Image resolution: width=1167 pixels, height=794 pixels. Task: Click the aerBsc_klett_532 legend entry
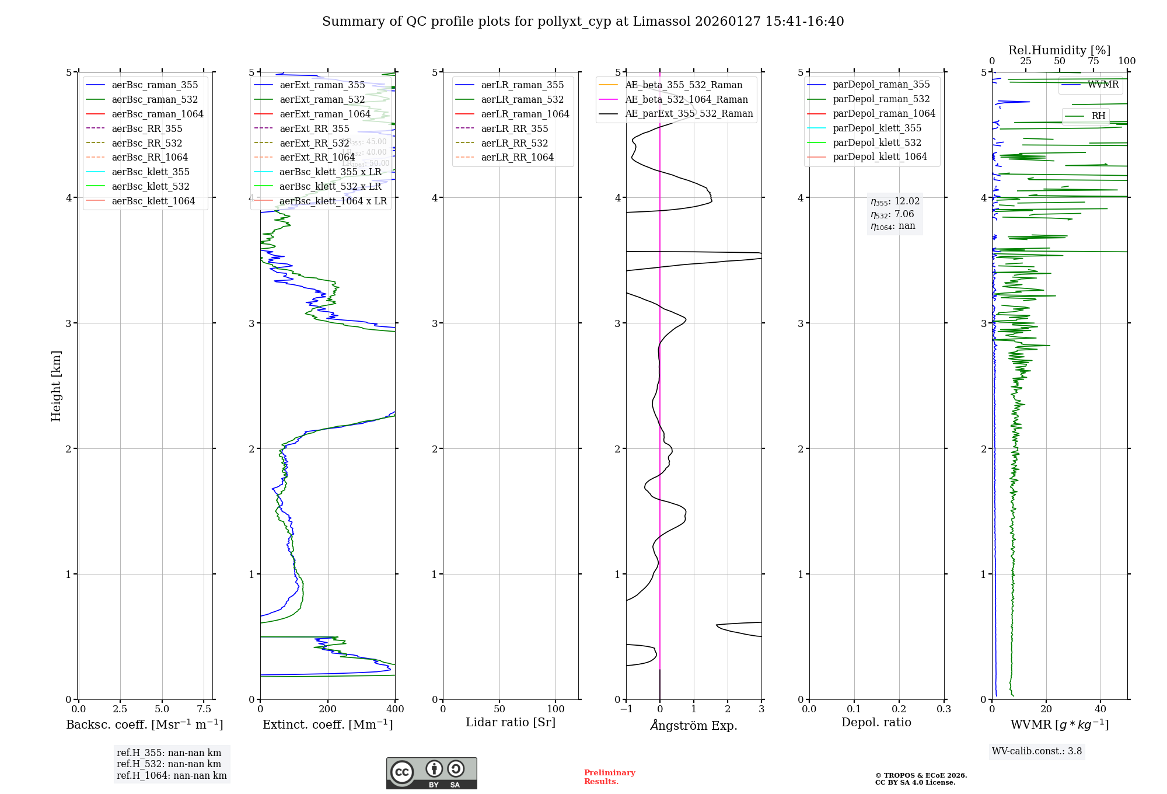(x=151, y=186)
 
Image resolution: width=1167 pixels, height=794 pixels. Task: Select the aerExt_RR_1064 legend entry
(x=317, y=157)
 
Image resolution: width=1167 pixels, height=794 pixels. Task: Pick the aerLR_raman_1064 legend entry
(x=525, y=114)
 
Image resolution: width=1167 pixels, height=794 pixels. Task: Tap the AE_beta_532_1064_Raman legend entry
(x=686, y=99)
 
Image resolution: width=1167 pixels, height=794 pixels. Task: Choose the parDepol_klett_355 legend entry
(x=877, y=128)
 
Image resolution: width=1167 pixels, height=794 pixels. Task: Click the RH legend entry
(x=1098, y=116)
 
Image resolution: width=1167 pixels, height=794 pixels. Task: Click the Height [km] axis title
(x=56, y=386)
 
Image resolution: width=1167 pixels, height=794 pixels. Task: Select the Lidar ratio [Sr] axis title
(x=511, y=722)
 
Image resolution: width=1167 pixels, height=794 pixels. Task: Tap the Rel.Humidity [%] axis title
(x=1059, y=50)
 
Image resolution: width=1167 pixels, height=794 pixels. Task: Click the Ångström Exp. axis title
(x=694, y=725)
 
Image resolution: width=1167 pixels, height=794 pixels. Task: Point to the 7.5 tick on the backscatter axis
(x=204, y=709)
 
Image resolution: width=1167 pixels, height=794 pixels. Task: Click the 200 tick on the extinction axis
(x=328, y=709)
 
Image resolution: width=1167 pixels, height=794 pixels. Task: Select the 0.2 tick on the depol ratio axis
(x=899, y=709)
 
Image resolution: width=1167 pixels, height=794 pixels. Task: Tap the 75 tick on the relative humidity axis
(x=1093, y=61)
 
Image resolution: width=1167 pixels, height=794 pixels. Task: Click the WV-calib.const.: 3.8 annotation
(x=1037, y=751)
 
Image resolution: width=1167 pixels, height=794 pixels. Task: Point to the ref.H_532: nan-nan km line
(x=169, y=764)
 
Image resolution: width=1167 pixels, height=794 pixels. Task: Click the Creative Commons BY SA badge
(x=431, y=773)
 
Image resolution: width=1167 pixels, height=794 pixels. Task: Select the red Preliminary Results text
(x=609, y=776)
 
